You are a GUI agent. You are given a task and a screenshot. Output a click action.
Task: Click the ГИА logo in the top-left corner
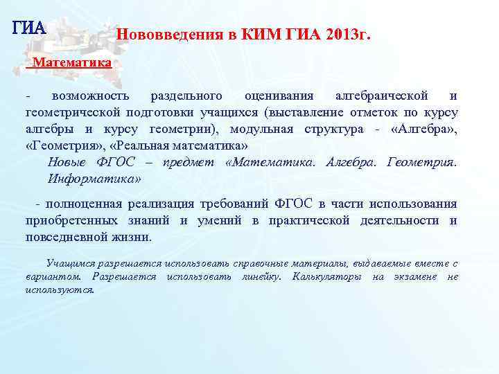[x=28, y=28]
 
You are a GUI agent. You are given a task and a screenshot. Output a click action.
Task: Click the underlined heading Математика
[x=72, y=62]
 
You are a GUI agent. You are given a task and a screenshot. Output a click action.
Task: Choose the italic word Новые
[x=68, y=163]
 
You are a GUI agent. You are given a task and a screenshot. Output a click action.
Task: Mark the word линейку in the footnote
[x=261, y=277]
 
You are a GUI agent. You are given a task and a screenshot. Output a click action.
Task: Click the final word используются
[x=60, y=290]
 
